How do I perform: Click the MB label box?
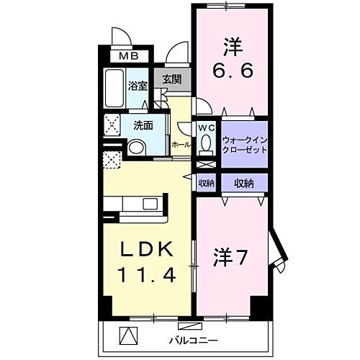click(x=130, y=55)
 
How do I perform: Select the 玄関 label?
click(x=171, y=80)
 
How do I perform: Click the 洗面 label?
click(x=143, y=125)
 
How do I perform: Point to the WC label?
click(x=207, y=127)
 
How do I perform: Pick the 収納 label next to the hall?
click(x=207, y=183)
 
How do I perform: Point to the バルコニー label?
click(x=189, y=337)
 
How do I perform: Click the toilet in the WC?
click(x=207, y=145)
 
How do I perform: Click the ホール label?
click(x=182, y=145)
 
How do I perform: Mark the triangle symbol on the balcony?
click(x=126, y=336)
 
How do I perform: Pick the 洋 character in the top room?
click(x=230, y=47)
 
